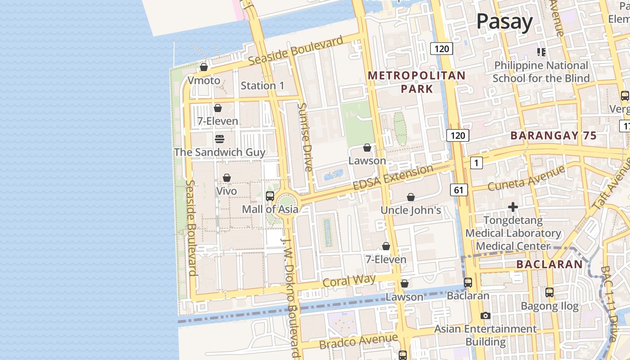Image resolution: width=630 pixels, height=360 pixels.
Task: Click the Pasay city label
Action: point(504,21)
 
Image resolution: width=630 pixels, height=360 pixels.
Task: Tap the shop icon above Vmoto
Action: point(204,67)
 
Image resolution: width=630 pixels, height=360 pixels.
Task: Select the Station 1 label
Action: point(262,85)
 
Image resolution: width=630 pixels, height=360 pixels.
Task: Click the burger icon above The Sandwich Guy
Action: point(220,139)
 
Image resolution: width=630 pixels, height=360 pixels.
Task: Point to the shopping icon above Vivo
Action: point(227,178)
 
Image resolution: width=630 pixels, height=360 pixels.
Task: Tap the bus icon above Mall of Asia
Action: point(270,196)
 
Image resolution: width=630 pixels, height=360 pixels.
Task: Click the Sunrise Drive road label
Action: point(305,137)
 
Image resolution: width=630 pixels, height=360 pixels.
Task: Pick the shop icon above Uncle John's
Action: point(410,197)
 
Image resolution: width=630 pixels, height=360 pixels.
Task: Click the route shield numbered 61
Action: point(459,190)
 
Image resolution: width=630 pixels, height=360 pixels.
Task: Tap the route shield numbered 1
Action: point(476,163)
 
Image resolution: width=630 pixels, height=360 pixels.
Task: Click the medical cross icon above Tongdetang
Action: point(513,207)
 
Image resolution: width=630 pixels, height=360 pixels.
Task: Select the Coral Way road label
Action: point(349,281)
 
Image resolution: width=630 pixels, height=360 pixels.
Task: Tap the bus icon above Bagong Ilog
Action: point(549,292)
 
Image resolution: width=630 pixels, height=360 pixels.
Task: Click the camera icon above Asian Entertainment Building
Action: point(485,315)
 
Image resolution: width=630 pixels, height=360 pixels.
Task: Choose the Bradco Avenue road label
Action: point(359,341)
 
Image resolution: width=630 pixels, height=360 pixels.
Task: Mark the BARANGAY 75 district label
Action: point(553,136)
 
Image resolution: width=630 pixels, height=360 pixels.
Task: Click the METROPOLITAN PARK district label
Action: point(417,82)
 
